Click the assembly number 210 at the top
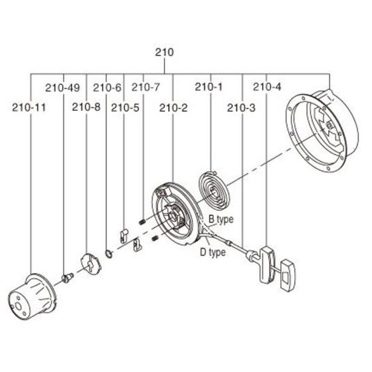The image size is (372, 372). [x=165, y=52]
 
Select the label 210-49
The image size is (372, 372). [x=62, y=88]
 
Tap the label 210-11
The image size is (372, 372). [x=29, y=108]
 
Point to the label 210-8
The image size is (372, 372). [x=86, y=107]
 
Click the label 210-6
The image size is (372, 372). [x=107, y=88]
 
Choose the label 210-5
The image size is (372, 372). [x=125, y=108]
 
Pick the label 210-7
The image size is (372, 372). [x=145, y=87]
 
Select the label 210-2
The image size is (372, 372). [x=173, y=108]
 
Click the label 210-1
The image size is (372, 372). [x=209, y=87]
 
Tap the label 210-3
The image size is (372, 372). [x=241, y=108]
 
